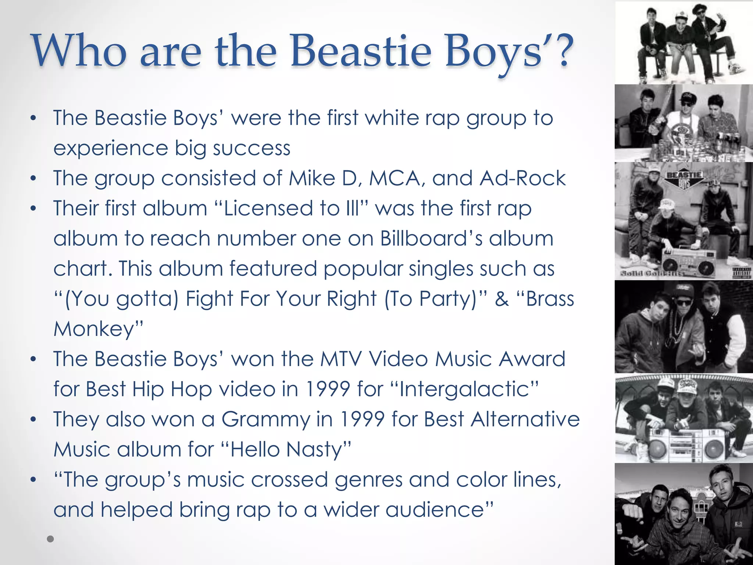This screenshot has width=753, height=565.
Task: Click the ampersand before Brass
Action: click(502, 299)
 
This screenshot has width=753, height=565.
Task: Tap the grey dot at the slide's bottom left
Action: click(51, 539)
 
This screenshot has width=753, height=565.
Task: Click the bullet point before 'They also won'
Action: click(33, 419)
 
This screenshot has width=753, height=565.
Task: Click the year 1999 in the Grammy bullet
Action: click(362, 420)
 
